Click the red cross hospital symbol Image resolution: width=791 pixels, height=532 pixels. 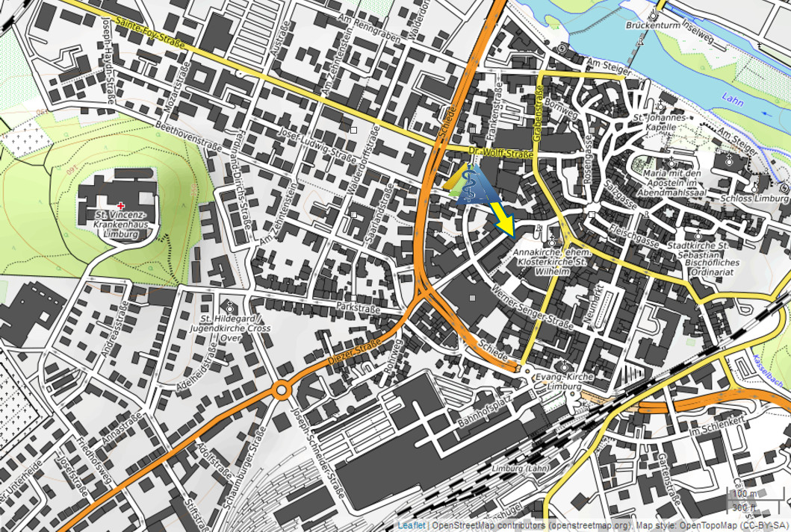(x=121, y=205)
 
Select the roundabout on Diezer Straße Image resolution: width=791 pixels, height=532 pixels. (x=282, y=389)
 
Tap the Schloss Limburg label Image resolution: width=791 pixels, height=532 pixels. (x=754, y=198)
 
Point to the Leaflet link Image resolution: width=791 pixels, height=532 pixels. (x=412, y=525)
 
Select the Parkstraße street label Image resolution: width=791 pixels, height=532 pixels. (x=357, y=307)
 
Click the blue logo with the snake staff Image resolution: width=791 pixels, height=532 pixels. (x=471, y=186)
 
